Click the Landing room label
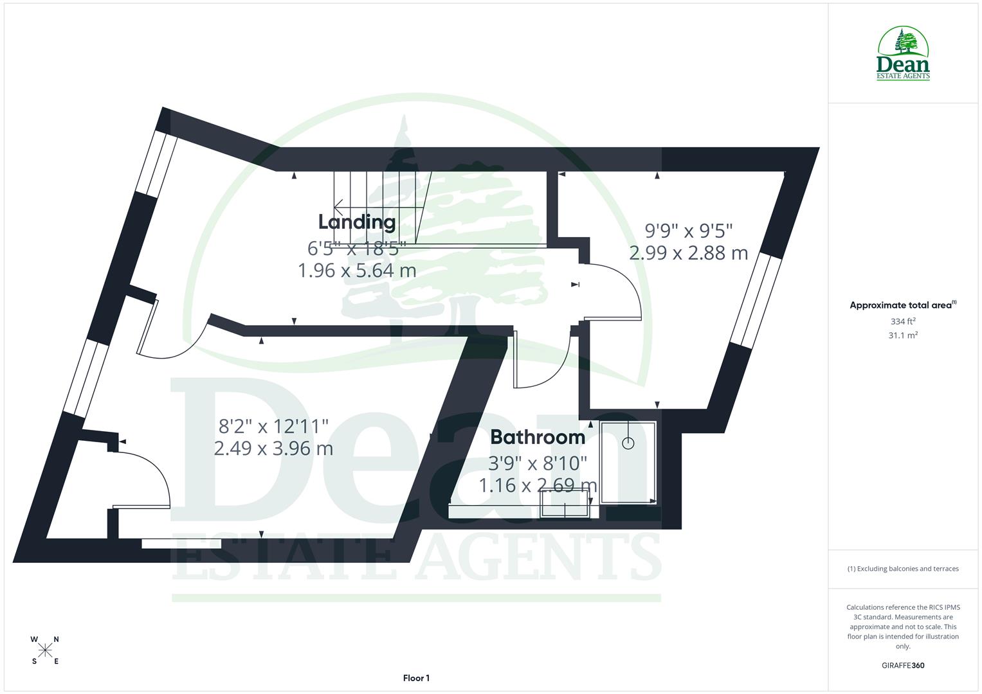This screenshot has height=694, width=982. pos(357,222)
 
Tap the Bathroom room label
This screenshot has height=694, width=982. pos(538,437)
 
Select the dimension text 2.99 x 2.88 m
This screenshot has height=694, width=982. pos(688,253)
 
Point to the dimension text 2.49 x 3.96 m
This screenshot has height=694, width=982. pos(273,448)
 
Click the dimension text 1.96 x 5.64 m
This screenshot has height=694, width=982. pos(357,271)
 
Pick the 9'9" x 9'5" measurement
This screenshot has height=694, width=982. pos(689,229)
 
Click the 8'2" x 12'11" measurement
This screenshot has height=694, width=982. pos(274,425)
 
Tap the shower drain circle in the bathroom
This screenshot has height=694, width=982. pos(628,443)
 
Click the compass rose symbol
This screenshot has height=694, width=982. pos(45,650)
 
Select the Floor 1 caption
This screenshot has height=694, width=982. pos(416,678)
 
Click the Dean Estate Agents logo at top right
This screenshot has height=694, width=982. pos(903,54)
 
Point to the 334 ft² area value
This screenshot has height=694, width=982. pos(902,321)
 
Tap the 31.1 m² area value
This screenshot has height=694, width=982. pos(902,335)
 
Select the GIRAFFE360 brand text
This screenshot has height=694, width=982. pos(902,665)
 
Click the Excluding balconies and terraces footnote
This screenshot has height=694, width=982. pos(902,569)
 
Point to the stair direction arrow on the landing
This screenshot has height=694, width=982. pos(339,206)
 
